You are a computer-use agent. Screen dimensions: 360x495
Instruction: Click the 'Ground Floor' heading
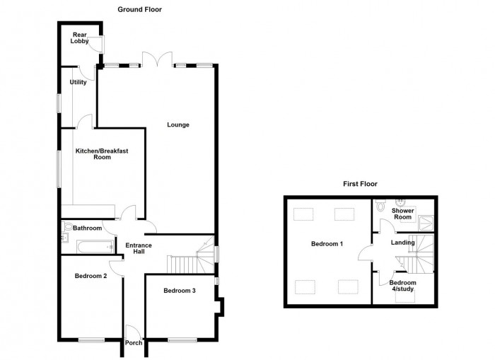(x=140, y=10)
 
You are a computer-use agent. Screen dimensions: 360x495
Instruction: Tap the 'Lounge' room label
(x=178, y=125)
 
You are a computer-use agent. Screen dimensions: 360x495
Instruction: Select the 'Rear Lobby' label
(x=78, y=38)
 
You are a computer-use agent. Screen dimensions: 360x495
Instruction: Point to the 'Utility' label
(x=78, y=82)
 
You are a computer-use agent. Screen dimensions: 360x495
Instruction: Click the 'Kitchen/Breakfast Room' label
(x=102, y=154)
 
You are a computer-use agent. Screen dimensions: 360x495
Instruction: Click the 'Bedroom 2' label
(x=91, y=276)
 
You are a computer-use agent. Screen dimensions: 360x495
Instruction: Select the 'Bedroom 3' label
(x=179, y=291)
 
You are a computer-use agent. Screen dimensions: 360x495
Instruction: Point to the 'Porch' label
(x=134, y=343)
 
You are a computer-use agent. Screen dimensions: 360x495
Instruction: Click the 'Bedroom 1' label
(x=327, y=244)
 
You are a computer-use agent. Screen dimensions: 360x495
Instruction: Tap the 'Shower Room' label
(x=402, y=214)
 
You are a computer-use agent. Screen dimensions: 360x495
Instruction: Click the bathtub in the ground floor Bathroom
(x=93, y=245)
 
